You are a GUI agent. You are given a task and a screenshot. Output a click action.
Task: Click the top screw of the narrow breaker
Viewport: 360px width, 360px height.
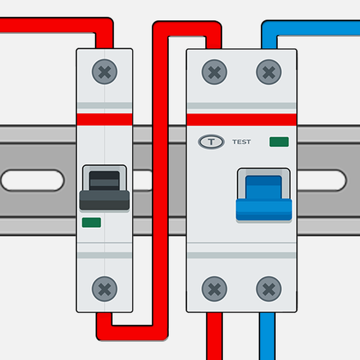104,72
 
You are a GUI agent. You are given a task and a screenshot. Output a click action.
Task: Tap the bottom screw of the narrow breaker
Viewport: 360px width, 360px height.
104,289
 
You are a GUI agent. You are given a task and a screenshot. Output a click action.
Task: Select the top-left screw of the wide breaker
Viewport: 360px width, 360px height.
214,72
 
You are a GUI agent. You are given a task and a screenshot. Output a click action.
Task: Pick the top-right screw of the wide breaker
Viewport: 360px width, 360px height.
268,72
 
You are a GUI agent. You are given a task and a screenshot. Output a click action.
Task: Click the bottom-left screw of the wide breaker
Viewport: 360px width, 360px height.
214,289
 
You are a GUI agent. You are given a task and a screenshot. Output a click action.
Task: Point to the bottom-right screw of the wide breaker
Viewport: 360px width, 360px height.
268,289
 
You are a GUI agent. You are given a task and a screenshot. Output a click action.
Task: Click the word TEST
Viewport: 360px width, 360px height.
242,142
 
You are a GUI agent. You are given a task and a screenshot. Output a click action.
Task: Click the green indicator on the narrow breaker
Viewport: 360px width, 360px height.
91,222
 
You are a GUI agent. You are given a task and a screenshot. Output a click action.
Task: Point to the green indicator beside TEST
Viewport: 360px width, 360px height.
279,142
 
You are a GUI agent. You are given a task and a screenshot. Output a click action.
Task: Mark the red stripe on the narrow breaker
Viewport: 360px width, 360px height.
105,119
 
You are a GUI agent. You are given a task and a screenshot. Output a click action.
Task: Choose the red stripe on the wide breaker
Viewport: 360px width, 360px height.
241,119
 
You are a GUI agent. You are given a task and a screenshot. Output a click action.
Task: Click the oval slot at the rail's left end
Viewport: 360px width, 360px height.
31,180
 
